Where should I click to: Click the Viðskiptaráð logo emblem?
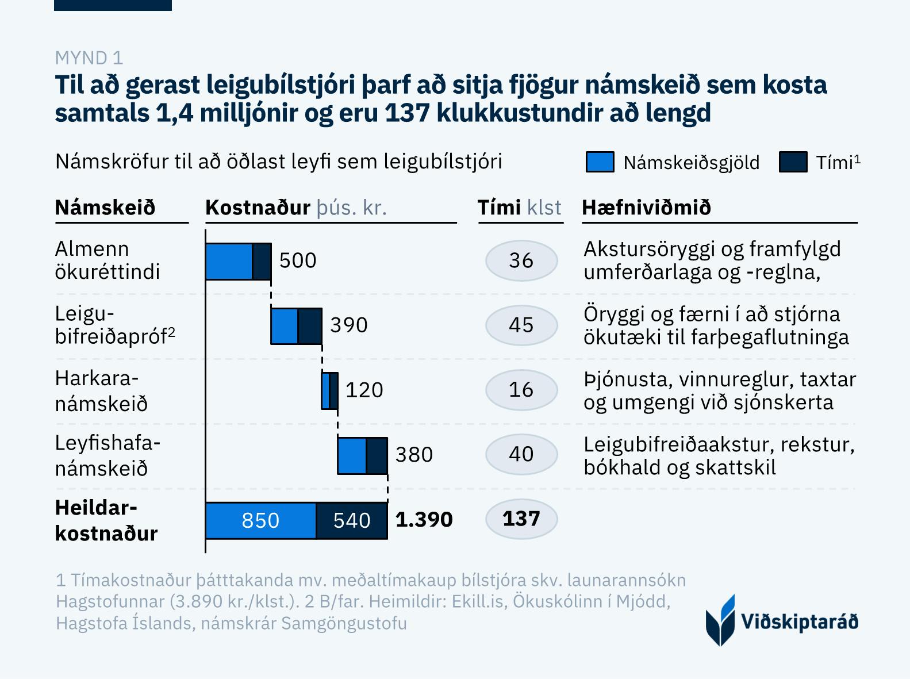pyautogui.click(x=720, y=621)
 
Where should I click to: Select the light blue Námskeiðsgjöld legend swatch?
pyautogui.click(x=600, y=162)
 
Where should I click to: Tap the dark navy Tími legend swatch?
pyautogui.click(x=793, y=162)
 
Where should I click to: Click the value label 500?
pyautogui.click(x=298, y=260)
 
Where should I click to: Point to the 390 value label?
pyautogui.click(x=348, y=325)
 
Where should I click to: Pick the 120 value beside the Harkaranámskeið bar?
pyautogui.click(x=364, y=390)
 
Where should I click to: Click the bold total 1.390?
pyautogui.click(x=424, y=519)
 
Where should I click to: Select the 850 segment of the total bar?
pyautogui.click(x=260, y=520)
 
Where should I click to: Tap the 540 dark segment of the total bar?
pyautogui.click(x=352, y=520)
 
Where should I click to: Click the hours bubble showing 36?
pyautogui.click(x=521, y=260)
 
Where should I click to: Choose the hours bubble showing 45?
pyautogui.click(x=521, y=325)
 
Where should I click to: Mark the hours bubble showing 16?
pyautogui.click(x=521, y=390)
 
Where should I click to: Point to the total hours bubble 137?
pyautogui.click(x=521, y=519)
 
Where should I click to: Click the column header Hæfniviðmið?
pyautogui.click(x=646, y=208)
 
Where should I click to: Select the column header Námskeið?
pyautogui.click(x=105, y=208)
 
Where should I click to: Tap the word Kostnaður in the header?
pyautogui.click(x=258, y=208)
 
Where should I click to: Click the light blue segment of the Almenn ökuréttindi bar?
pyautogui.click(x=229, y=262)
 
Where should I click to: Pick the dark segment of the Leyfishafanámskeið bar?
pyautogui.click(x=377, y=456)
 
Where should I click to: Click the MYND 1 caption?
pyautogui.click(x=89, y=57)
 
